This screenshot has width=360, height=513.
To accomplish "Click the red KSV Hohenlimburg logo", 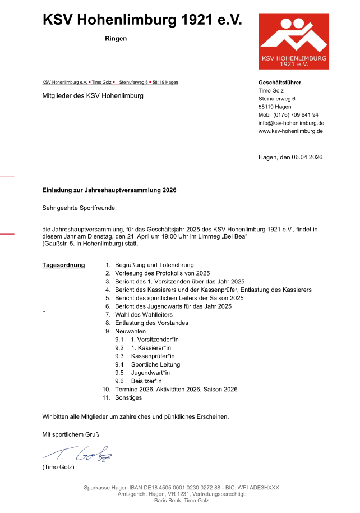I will click(293, 42).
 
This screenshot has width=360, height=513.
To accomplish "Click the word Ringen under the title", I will click(116, 39).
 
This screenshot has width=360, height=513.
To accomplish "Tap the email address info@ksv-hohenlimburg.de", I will click(291, 123).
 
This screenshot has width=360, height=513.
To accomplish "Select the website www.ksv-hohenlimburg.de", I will click(290, 131).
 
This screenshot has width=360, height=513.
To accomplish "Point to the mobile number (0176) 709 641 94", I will click(296, 114).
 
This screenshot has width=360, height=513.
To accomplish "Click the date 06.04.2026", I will click(307, 158).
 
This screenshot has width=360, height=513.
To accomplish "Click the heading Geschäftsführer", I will click(279, 83).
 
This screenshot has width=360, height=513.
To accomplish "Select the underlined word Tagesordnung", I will click(63, 265).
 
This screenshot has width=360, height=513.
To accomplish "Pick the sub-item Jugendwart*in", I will click(150, 373).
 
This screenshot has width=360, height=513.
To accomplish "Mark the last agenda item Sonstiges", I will click(128, 398).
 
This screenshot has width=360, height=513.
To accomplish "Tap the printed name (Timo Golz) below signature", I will click(58, 468).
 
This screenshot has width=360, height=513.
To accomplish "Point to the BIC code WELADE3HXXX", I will click(257, 488).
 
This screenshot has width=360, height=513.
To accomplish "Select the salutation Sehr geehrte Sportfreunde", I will click(80, 208).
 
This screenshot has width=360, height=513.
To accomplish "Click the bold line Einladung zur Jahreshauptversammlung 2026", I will click(109, 190).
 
